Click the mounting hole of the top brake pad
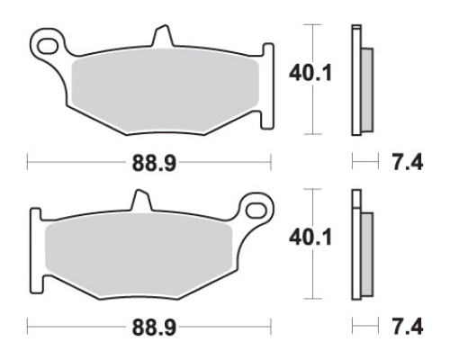pyautogui.click(x=48, y=46)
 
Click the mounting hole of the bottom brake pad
pyautogui.click(x=256, y=211)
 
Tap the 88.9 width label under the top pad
pyautogui.click(x=154, y=164)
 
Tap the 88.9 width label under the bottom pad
pyautogui.click(x=154, y=328)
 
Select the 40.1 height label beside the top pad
pyautogui.click(x=310, y=74)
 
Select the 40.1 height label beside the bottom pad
pyautogui.click(x=310, y=238)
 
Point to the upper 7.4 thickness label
pyautogui.click(x=408, y=163)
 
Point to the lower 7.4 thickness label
pyautogui.click(x=408, y=327)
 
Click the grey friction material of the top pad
pyautogui.click(x=165, y=90)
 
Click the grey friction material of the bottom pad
pyautogui.click(x=139, y=255)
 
